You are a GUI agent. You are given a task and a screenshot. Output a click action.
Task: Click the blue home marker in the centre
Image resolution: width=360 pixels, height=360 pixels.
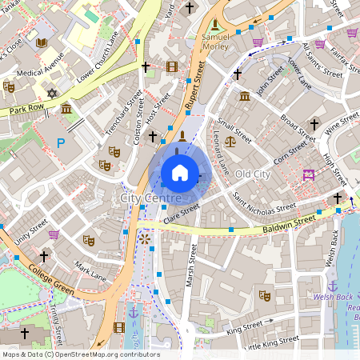[180, 172]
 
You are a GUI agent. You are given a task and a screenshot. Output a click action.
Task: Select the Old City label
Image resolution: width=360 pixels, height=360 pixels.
[253, 174]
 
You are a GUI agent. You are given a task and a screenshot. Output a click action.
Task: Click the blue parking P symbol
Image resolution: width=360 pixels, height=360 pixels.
[60, 143]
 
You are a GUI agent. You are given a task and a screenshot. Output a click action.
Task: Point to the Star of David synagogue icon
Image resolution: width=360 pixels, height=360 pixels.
[53, 94]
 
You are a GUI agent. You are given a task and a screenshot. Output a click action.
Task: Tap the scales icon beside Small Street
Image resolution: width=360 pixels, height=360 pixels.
[230, 141]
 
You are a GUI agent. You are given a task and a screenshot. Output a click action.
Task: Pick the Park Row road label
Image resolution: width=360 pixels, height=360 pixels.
[25, 107]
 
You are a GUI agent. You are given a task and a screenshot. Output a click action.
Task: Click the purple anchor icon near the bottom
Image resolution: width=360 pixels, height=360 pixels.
[134, 313]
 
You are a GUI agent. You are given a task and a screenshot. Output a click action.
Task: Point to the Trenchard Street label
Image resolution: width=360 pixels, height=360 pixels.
[122, 117]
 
